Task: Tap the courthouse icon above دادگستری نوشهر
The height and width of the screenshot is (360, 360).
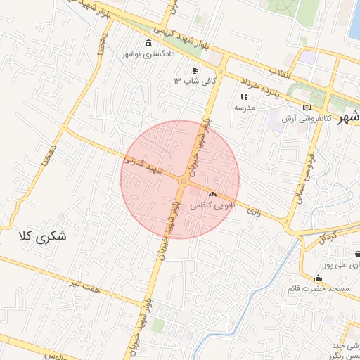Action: [148, 44]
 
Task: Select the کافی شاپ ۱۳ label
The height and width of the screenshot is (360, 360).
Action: [194, 82]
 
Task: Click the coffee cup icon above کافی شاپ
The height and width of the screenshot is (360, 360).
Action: [195, 70]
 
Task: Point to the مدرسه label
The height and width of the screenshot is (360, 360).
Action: [244, 108]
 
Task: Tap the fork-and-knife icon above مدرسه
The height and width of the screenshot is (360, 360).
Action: [244, 96]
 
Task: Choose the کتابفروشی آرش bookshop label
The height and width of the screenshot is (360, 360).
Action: [306, 118]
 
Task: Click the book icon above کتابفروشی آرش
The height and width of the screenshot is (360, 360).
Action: [306, 107]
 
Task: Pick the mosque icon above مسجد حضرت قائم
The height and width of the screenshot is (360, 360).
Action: [319, 278]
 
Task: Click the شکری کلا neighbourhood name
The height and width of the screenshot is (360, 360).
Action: [41, 236]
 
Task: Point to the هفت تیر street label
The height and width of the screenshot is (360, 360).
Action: [81, 284]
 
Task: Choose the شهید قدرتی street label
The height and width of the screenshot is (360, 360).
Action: [141, 164]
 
